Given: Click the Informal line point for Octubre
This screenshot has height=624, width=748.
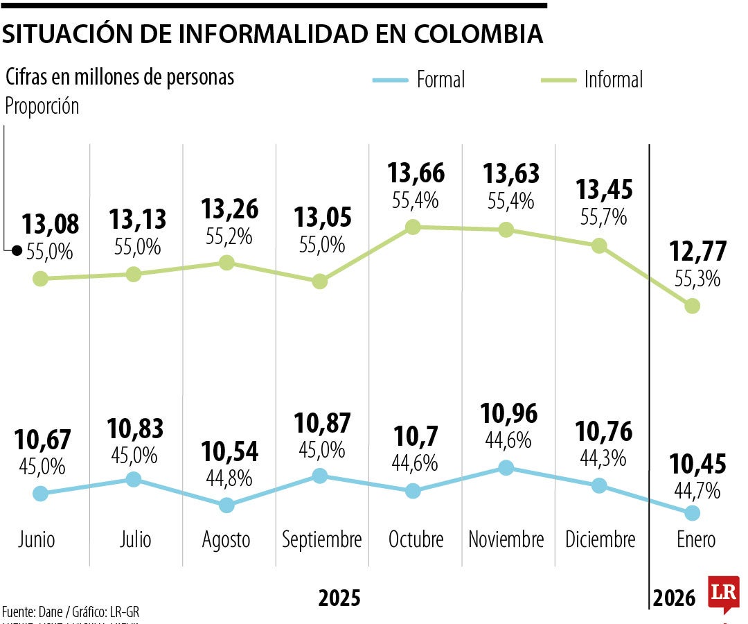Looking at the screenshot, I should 413,227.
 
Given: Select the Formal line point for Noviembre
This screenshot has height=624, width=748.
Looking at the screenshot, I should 506,468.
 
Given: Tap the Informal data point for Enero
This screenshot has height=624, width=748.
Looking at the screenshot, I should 692,306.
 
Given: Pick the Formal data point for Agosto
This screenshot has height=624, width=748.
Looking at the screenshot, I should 226,505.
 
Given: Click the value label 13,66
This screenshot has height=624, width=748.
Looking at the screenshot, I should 416,173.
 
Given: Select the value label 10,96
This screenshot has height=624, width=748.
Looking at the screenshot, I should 509,414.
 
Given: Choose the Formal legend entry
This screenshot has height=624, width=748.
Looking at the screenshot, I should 440,80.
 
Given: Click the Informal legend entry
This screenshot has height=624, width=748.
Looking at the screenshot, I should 613,80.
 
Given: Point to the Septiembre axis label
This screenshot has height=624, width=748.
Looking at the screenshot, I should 322,539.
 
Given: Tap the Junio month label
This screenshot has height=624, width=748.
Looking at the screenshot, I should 37,539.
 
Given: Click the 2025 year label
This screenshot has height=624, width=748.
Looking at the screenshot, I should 339,598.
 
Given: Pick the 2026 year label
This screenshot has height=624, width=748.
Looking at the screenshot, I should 675,598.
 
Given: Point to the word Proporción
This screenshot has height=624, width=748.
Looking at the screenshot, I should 42,107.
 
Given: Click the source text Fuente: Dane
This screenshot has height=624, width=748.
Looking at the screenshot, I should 35,612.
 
